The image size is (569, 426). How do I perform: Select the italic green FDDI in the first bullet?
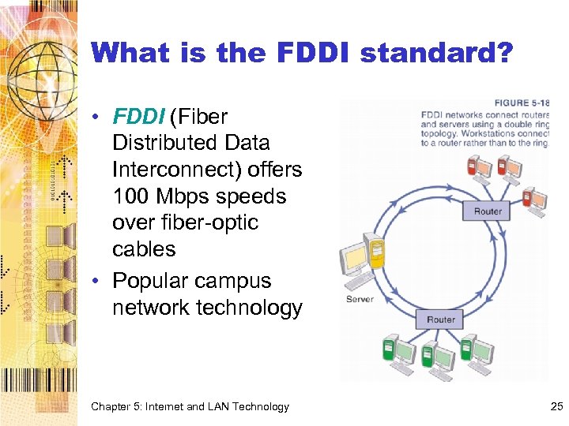138,117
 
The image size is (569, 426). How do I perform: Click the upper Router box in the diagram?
488,211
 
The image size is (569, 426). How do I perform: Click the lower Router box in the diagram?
440,319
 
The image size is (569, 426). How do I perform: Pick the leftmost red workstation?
477,166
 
